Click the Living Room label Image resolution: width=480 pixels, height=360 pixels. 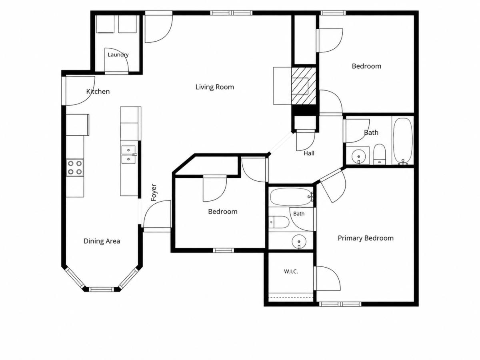(x=214, y=87)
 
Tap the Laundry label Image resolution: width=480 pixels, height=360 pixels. (x=118, y=55)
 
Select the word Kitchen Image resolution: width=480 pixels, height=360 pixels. (x=98, y=91)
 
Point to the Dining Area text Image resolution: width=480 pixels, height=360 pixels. (x=102, y=241)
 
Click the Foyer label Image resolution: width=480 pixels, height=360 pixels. (x=154, y=192)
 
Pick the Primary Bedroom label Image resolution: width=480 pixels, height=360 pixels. (x=366, y=238)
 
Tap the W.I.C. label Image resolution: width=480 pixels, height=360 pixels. (x=291, y=272)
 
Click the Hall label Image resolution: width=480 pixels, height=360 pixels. (x=309, y=153)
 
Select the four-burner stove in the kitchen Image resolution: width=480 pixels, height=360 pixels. (x=75, y=168)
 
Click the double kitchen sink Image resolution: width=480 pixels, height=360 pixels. (x=128, y=154)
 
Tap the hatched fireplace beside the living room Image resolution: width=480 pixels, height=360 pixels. (x=304, y=86)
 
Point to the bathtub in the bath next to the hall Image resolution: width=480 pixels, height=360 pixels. (x=403, y=141)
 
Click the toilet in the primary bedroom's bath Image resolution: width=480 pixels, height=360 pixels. (x=279, y=222)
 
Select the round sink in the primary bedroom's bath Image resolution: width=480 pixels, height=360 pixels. (x=299, y=241)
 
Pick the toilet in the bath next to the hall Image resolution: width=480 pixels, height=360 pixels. (x=380, y=154)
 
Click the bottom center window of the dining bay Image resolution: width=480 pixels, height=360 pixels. (x=101, y=289)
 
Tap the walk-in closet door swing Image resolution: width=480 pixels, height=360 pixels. (x=328, y=278)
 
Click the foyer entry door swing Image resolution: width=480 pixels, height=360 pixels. (x=157, y=214)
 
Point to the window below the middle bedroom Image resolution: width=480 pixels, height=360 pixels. (x=223, y=250)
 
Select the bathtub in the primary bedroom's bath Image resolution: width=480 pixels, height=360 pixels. (x=291, y=197)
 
